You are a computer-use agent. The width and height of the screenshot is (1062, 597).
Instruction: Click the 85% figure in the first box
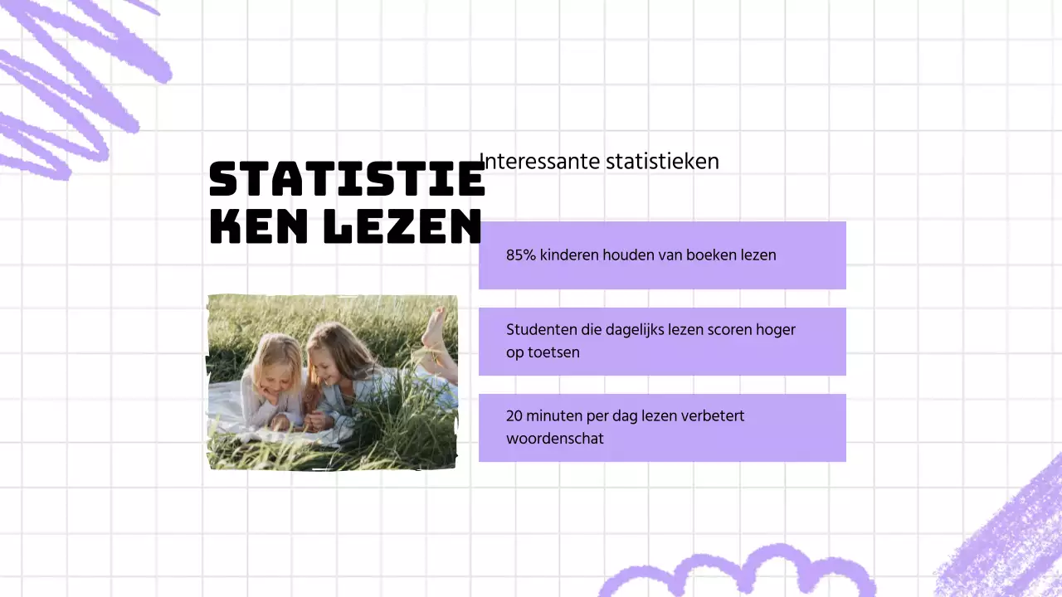520,255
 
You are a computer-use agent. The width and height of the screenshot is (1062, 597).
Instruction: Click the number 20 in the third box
514,416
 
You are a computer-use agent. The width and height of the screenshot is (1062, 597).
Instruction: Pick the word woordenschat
554,439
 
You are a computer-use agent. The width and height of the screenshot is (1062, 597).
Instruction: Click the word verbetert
712,416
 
